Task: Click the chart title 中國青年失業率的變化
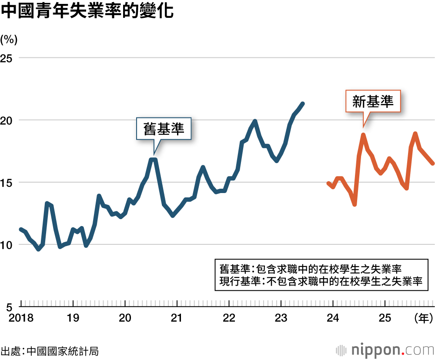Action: tap(87, 12)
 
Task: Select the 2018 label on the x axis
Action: tap(20, 318)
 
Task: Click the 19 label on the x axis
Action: tap(73, 318)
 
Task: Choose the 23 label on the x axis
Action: tap(281, 318)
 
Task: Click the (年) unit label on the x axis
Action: tap(424, 318)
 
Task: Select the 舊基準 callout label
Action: tap(164, 129)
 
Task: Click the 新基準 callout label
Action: tap(373, 102)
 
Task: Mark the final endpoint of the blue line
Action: tap(303, 103)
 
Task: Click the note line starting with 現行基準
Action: tap(321, 281)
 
